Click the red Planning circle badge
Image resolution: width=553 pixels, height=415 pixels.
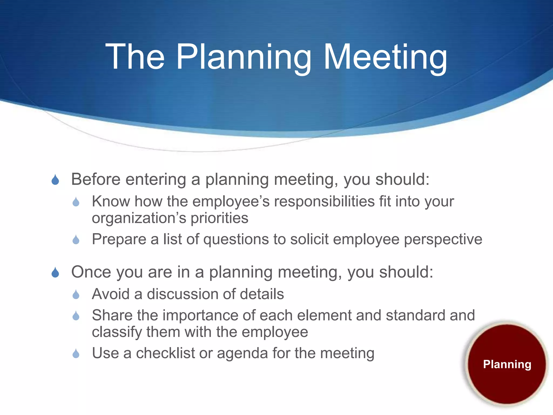pos(507,364)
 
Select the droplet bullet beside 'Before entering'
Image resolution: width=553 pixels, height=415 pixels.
pos(55,180)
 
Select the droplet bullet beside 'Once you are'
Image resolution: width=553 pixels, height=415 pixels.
pos(55,272)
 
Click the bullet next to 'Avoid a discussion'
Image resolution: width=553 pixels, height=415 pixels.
pos(76,294)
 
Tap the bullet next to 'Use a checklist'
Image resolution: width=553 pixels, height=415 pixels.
pos(76,353)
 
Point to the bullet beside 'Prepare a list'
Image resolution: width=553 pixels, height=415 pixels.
pos(76,240)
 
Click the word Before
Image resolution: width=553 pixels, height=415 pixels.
pos(96,179)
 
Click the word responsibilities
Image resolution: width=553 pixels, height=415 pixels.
pos(324,202)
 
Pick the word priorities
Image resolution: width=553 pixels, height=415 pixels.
pos(219,218)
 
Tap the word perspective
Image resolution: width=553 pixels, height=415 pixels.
pos(443,239)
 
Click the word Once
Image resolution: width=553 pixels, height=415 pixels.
pos(91,272)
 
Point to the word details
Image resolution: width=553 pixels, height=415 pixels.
pos(262,294)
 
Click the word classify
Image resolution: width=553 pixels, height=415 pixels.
pos(117,332)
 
